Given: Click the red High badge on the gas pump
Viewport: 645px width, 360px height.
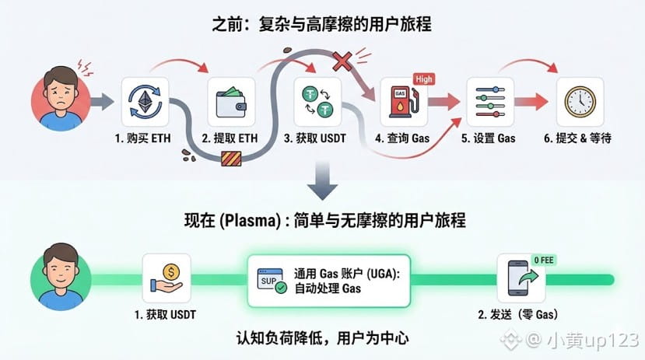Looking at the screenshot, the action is (x=424, y=79).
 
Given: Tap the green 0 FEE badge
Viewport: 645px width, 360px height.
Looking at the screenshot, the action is (x=543, y=260).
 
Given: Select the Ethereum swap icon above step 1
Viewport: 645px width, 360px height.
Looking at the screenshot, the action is (x=145, y=102).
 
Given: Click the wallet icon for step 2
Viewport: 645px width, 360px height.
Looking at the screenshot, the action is (x=231, y=102).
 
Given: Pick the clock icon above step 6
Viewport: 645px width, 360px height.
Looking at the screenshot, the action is (x=580, y=102).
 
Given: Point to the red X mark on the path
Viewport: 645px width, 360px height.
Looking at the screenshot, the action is (x=342, y=61).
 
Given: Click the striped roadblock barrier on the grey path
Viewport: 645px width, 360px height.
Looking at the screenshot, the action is (x=231, y=159).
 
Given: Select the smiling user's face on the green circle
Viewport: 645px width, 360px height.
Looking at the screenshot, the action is (x=61, y=268).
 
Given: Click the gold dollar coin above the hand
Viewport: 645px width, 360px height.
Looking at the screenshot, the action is (x=171, y=272).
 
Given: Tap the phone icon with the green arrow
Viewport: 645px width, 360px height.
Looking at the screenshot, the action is (x=521, y=278).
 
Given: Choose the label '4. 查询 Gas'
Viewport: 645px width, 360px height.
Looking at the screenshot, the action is (x=402, y=138).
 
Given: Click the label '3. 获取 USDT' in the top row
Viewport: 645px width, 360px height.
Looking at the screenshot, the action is (x=315, y=138).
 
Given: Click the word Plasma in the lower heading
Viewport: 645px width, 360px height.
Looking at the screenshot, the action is (x=250, y=221).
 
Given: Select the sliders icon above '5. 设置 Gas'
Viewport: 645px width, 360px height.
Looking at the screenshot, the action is (x=490, y=102).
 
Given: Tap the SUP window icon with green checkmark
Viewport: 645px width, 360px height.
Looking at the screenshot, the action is (x=272, y=281).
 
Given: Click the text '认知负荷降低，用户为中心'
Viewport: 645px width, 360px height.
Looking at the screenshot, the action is (x=322, y=338).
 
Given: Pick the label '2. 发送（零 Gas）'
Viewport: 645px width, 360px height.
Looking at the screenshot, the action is (x=518, y=315).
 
